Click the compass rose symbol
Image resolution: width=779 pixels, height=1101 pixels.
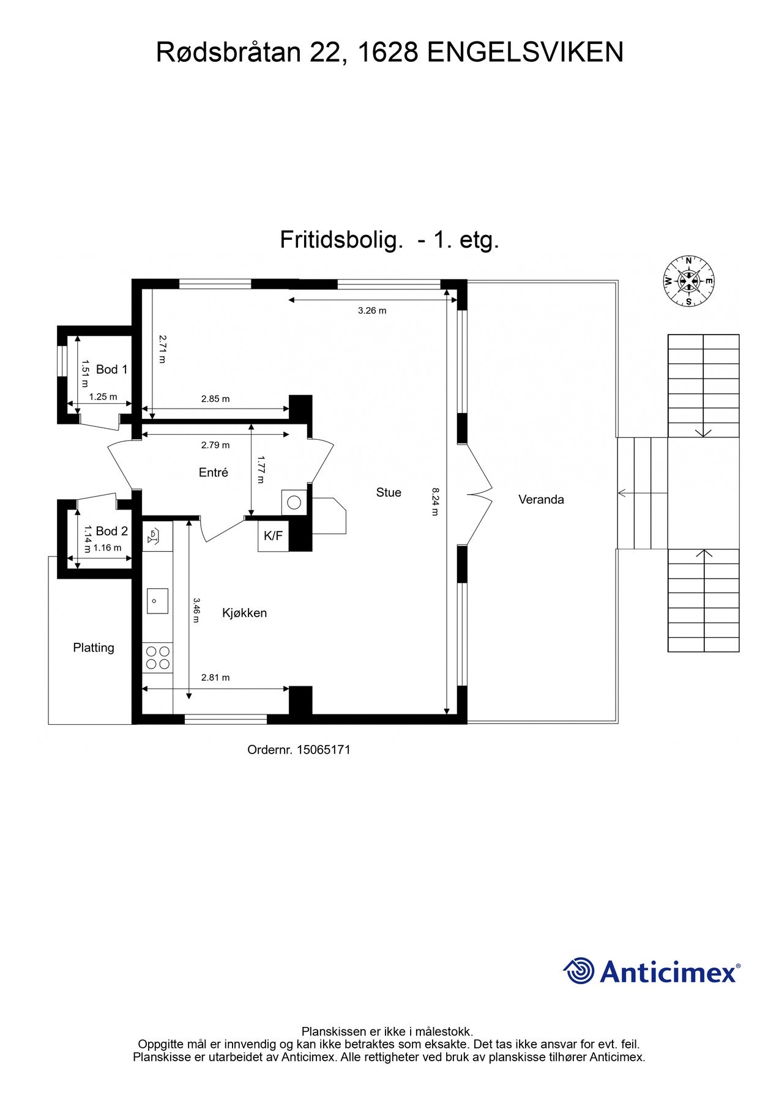(688, 281)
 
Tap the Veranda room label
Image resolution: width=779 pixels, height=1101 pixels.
(541, 500)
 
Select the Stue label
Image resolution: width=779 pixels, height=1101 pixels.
(389, 492)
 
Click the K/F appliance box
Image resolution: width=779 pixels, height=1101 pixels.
(273, 536)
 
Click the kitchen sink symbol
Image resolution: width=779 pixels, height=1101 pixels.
(157, 601)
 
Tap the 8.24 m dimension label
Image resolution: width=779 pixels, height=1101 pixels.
(435, 502)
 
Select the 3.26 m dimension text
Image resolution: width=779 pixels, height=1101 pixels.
(372, 311)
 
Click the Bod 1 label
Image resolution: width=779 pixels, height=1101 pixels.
(112, 369)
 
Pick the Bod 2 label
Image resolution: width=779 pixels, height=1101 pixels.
(112, 531)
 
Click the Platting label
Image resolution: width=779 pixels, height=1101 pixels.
(94, 648)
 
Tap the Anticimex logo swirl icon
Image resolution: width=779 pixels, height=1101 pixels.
(578, 971)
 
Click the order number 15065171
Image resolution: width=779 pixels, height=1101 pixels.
(323, 750)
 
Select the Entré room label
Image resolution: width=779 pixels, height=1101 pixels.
(214, 473)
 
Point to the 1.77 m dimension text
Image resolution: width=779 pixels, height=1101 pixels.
(260, 469)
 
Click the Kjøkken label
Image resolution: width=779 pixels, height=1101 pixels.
(244, 613)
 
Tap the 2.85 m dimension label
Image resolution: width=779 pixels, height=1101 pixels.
(215, 399)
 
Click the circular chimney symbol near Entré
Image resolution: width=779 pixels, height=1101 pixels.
(294, 503)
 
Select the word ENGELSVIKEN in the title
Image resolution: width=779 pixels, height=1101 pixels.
(524, 53)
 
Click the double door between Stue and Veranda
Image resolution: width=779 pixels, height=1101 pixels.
(479, 494)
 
